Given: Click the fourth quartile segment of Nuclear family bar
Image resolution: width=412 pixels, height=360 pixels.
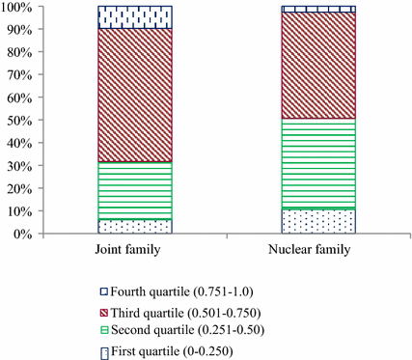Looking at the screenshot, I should point(318,9).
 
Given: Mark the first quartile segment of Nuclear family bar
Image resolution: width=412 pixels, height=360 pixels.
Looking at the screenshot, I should point(318,220).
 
